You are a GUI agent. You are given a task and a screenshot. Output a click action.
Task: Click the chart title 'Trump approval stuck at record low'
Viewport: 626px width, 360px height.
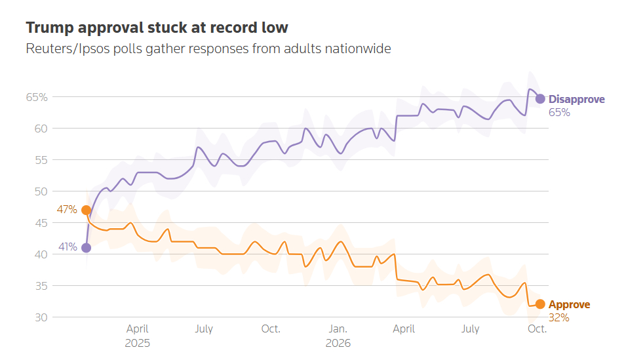tap(157, 28)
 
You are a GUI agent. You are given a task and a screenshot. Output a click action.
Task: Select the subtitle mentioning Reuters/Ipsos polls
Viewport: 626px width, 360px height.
tap(208, 49)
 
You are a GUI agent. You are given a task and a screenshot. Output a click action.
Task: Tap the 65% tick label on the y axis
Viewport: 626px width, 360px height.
tap(37, 97)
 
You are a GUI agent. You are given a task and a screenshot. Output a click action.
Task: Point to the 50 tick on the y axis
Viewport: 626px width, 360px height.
tap(41, 191)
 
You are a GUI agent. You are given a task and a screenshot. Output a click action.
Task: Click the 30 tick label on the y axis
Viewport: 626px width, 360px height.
tap(41, 317)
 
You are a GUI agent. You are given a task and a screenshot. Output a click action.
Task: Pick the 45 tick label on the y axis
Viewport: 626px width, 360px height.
tap(41, 223)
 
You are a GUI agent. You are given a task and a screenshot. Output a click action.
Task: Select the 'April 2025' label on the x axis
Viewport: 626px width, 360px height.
tap(138, 336)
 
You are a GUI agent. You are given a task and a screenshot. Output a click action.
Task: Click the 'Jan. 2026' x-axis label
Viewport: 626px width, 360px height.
tap(338, 336)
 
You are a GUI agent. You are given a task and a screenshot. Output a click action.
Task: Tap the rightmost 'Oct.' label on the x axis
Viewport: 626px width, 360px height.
tap(538, 329)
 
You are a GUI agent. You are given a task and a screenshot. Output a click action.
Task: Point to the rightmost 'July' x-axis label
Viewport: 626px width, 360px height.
tap(470, 329)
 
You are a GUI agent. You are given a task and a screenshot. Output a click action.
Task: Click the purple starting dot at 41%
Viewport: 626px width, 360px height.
tap(87, 248)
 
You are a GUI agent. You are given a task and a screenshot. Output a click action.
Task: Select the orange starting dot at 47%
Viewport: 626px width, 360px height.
tap(87, 210)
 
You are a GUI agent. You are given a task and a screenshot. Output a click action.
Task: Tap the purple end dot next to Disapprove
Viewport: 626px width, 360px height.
tap(540, 99)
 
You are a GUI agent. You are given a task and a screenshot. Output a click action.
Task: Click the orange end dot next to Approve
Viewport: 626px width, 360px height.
tap(540, 304)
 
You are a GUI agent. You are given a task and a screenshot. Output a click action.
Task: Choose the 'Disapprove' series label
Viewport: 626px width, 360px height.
tap(576, 99)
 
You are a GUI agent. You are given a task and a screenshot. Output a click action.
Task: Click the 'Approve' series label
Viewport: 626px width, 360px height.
tap(570, 304)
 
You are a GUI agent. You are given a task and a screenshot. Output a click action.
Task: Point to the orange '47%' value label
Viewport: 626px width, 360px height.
tap(67, 209)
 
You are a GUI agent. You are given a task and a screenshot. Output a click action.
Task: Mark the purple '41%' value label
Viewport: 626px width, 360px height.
tap(68, 247)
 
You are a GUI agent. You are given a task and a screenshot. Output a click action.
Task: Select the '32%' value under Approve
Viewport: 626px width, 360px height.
tap(559, 318)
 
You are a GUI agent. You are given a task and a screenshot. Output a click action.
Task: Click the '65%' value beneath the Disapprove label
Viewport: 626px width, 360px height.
tap(559, 113)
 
